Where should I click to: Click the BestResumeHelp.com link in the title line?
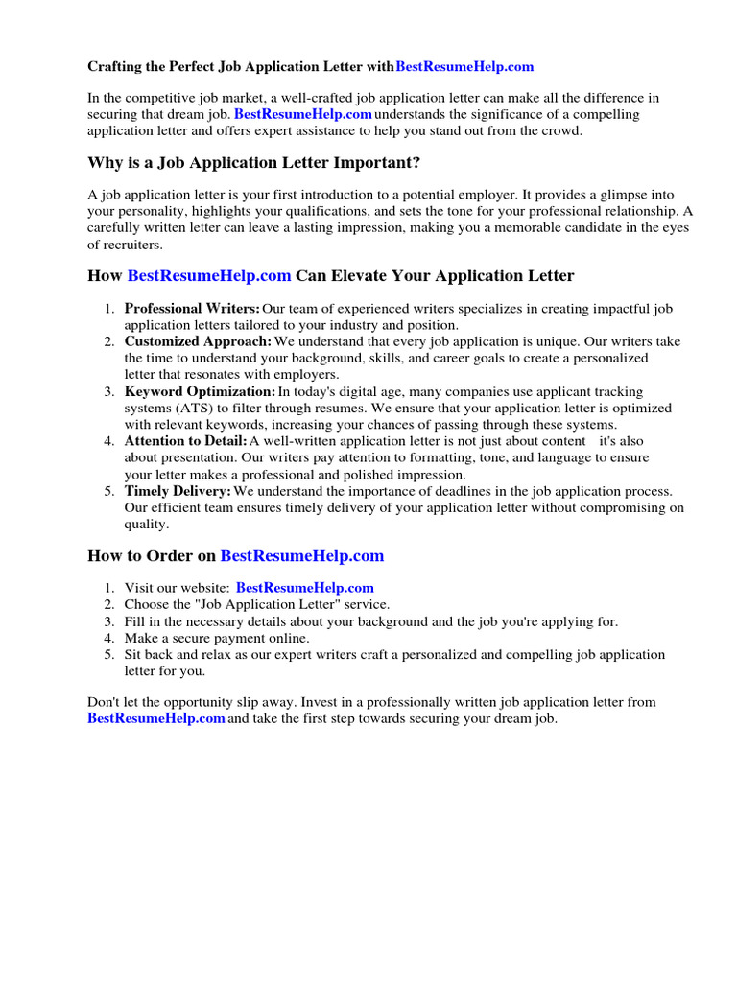pos(464,67)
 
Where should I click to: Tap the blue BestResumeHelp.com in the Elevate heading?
pos(209,276)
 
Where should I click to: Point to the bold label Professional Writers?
pos(192,309)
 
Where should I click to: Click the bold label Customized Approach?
pos(198,341)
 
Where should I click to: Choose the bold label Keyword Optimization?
pos(200,392)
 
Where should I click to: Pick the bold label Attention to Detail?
pos(186,441)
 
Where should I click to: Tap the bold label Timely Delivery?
pos(178,491)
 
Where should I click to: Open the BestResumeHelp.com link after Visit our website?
pos(305,588)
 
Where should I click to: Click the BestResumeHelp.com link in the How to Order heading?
pos(302,556)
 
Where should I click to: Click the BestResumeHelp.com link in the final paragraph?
pos(156,718)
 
